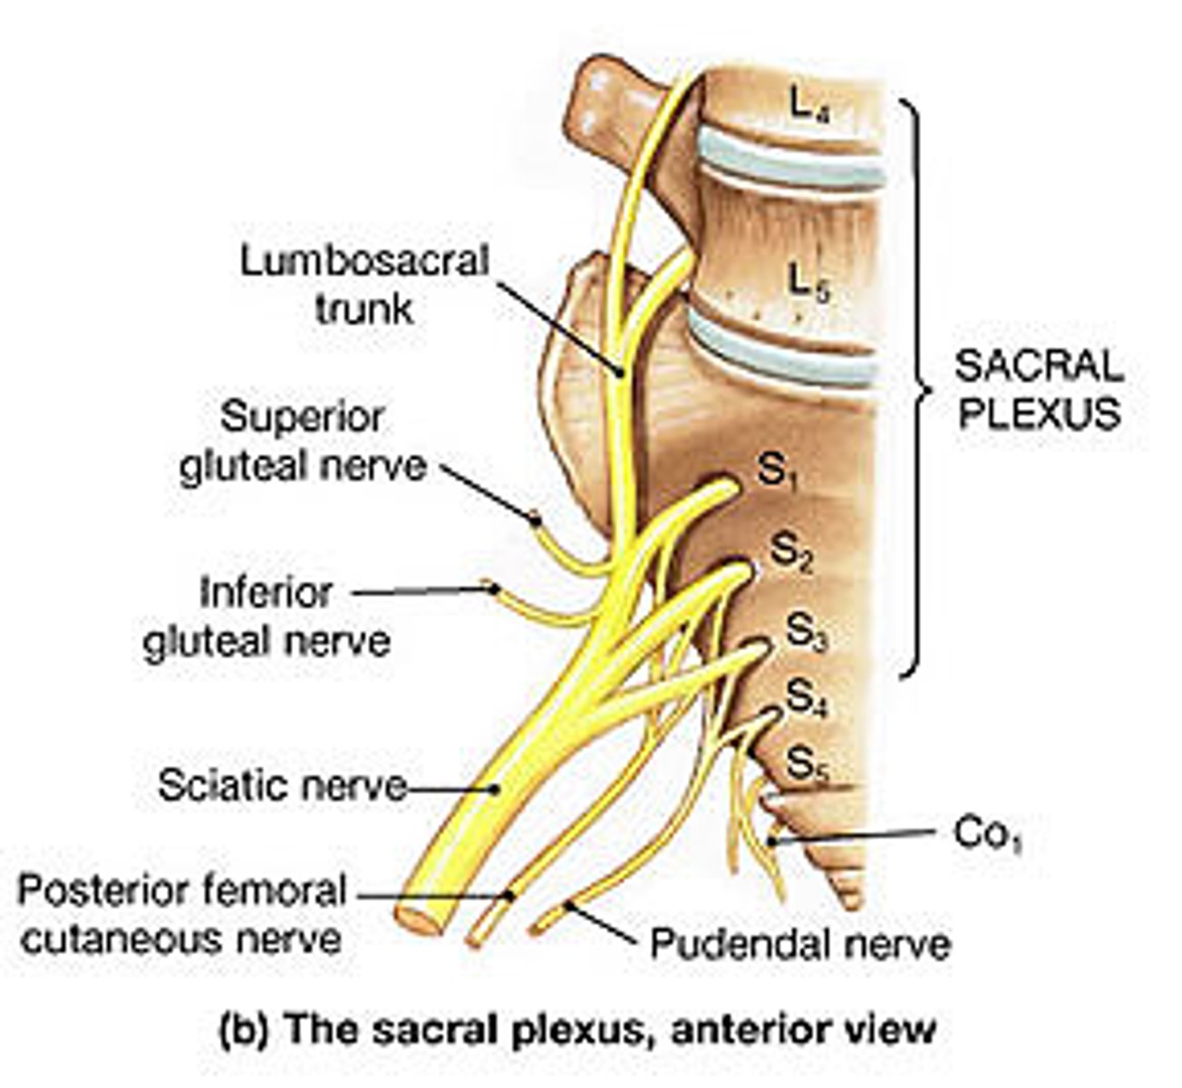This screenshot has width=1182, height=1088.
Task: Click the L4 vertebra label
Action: tap(809, 108)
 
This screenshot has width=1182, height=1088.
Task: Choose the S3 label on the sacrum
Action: tap(807, 633)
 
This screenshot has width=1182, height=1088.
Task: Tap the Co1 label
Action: tap(987, 836)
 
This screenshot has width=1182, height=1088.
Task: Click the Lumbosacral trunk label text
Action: tap(364, 285)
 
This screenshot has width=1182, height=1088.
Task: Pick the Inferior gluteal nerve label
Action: tap(266, 616)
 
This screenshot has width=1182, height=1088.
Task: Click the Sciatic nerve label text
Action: tap(282, 786)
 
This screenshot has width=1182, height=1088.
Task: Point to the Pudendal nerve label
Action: tap(800, 944)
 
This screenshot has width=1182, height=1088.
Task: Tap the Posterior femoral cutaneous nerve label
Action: tap(182, 914)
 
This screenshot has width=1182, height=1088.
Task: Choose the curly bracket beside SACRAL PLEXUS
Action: tap(916, 388)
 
